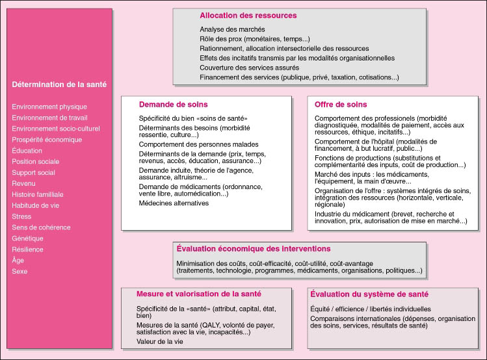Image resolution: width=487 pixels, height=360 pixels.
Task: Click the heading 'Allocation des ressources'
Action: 248,15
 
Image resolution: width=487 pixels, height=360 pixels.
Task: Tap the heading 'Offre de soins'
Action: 340,104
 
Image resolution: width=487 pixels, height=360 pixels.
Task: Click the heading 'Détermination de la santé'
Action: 59,84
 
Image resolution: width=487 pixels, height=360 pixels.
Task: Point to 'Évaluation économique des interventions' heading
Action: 254,249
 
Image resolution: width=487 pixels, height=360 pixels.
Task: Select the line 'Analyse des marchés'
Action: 232,29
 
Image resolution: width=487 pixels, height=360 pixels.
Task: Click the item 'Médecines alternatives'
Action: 174,203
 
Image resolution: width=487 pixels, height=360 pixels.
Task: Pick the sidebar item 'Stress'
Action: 21,216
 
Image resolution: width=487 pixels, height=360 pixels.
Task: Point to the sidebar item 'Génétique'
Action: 28,238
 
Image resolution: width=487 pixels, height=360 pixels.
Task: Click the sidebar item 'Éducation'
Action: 27,150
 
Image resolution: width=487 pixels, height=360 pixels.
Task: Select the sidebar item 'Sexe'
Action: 20,272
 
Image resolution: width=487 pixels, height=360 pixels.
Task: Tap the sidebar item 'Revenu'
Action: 25,183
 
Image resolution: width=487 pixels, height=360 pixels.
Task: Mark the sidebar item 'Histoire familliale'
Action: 38,194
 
